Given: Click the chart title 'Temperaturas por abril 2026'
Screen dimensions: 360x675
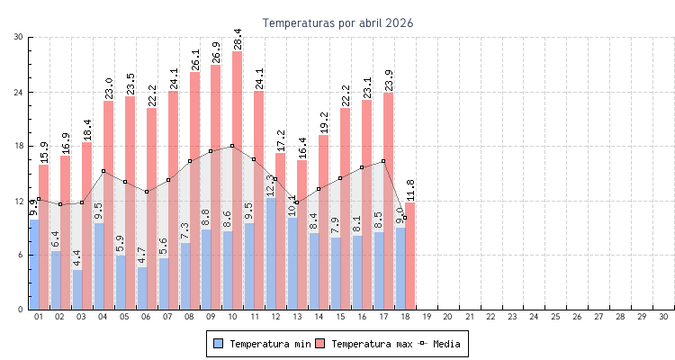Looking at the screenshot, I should coord(337,23).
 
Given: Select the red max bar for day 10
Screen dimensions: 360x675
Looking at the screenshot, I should coord(237,180).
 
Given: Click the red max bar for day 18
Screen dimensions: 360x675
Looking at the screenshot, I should coord(409,256).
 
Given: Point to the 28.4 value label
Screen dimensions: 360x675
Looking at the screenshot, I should coord(237,39).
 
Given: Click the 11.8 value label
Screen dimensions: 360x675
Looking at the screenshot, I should coord(409,190).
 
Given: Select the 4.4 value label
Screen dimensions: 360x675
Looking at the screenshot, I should coord(77,257).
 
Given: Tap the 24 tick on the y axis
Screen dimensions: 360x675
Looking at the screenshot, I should coord(19,92).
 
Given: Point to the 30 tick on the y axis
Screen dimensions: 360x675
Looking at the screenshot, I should coord(19,37).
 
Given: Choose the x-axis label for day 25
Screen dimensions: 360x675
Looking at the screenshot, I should coord(555,317).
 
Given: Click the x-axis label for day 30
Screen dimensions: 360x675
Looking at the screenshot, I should coord(663,317).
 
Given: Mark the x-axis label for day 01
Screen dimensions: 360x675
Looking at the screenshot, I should coord(38,317).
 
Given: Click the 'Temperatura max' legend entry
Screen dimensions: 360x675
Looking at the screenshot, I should coord(364,344).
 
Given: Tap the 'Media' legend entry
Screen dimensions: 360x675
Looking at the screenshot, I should coord(441,344).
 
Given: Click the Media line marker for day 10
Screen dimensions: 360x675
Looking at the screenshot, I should coord(232,146).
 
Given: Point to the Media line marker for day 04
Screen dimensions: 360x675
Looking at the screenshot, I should coord(103,171).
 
